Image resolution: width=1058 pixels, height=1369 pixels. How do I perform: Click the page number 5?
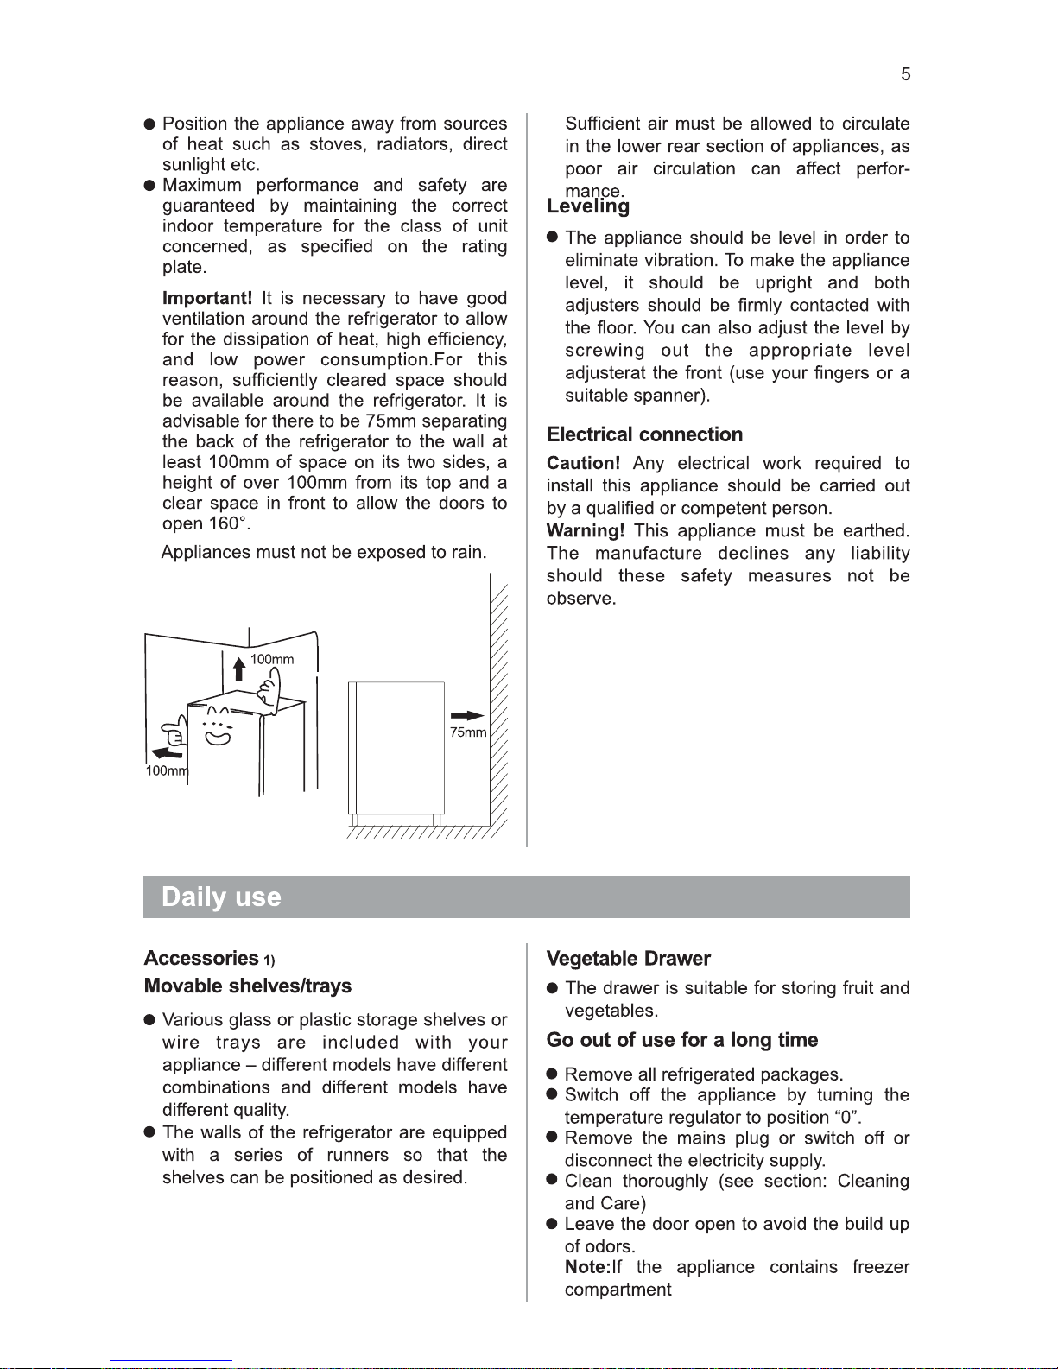(x=905, y=74)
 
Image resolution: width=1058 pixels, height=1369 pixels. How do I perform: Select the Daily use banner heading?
(x=221, y=897)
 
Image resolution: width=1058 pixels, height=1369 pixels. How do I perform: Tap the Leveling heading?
(x=588, y=206)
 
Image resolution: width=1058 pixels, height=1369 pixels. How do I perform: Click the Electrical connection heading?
(x=644, y=434)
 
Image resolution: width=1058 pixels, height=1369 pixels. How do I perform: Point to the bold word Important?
(x=207, y=298)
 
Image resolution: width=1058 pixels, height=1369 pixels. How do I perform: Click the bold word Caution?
(x=583, y=464)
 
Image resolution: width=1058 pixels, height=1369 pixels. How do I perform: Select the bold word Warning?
(x=585, y=531)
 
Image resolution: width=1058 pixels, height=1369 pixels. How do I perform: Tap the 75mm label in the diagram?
(x=468, y=732)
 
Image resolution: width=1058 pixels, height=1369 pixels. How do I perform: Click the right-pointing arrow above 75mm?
(x=467, y=715)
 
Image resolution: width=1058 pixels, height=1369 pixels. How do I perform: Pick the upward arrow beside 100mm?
(x=240, y=668)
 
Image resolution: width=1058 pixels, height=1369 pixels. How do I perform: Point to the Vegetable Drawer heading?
(x=628, y=959)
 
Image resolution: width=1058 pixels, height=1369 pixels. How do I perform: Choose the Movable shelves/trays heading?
(x=247, y=986)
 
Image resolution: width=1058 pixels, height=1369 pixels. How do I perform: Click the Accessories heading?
(x=200, y=959)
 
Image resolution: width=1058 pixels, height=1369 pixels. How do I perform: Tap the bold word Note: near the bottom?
(x=587, y=1267)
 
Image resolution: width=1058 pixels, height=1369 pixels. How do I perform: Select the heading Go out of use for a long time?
(x=681, y=1040)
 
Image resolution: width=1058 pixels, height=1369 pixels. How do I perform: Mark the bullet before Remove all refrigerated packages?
(x=552, y=1074)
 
